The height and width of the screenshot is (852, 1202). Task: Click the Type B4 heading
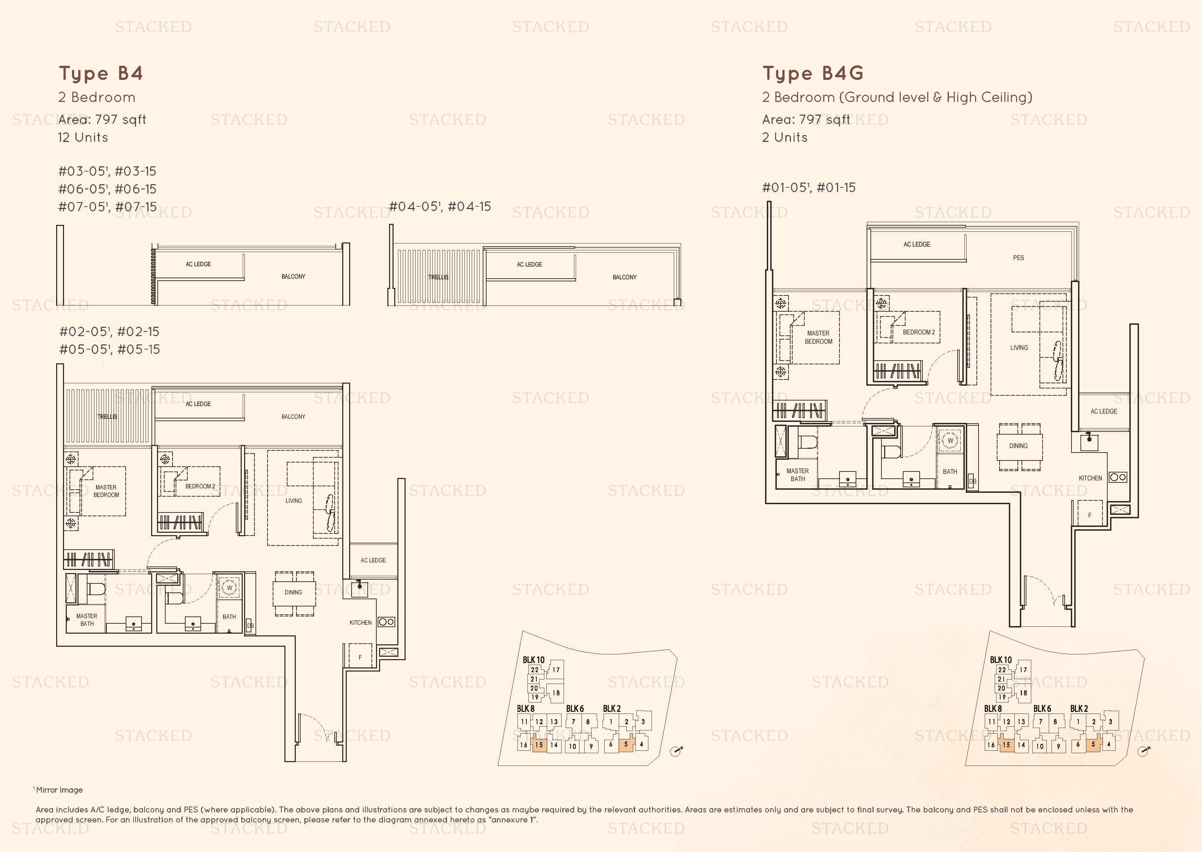point(101,73)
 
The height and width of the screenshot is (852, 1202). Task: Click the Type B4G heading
point(813,73)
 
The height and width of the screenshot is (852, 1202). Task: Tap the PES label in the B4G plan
point(1018,258)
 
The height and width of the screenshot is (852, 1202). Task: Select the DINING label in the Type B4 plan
point(293,592)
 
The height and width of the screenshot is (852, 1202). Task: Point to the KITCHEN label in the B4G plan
point(1090,478)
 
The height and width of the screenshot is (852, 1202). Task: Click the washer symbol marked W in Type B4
point(229,588)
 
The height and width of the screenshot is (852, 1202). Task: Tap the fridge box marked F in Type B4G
point(1090,515)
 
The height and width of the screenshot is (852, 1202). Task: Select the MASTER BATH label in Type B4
point(87,620)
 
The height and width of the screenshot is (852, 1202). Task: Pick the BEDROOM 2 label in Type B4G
point(919,332)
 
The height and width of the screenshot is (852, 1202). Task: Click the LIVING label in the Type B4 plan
point(294,500)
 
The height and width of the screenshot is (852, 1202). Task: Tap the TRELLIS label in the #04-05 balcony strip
point(438,277)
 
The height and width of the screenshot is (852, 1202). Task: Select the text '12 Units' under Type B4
point(83,137)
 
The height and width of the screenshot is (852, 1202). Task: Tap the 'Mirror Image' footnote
point(59,790)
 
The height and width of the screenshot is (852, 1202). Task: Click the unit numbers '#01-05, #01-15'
point(809,187)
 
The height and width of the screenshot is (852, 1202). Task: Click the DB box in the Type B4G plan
point(973,481)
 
